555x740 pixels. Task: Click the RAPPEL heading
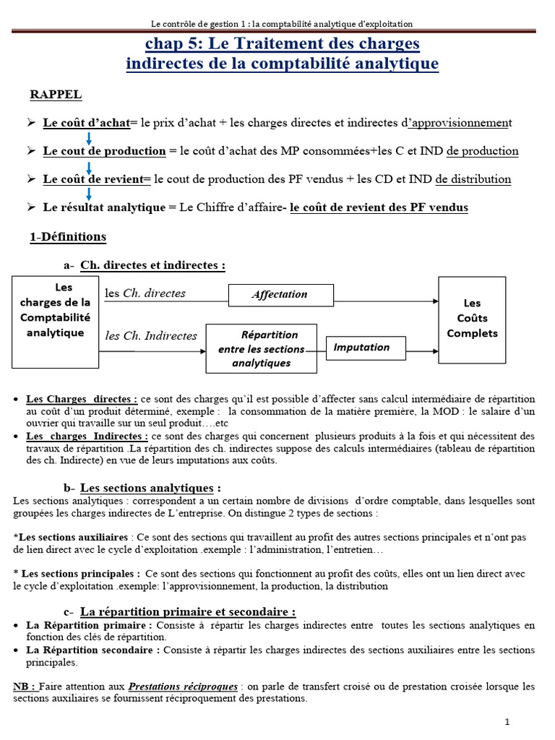56,95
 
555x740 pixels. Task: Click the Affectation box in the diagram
280,295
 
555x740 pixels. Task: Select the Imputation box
361,347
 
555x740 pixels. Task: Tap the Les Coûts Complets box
473,319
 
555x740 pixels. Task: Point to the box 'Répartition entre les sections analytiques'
261,349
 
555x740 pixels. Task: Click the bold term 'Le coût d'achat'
85,124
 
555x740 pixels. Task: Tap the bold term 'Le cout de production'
104,151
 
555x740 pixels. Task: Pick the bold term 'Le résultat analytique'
104,207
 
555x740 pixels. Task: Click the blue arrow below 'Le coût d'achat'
89,137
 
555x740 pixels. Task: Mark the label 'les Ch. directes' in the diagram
145,293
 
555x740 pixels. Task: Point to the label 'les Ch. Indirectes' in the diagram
151,336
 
